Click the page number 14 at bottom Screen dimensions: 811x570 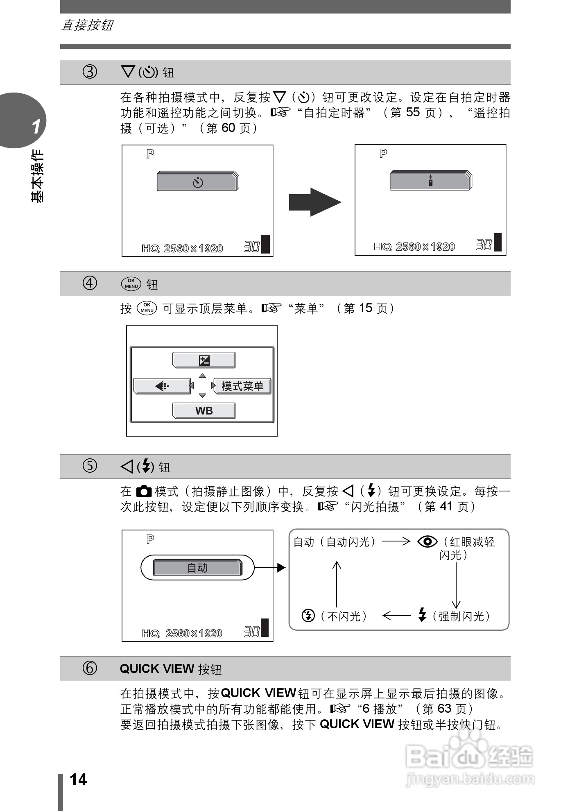[x=78, y=779]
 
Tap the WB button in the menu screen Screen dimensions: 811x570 [x=204, y=411]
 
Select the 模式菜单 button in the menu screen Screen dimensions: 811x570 [x=242, y=386]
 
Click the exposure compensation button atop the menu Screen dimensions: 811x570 [x=204, y=360]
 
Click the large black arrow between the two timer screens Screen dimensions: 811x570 [x=314, y=202]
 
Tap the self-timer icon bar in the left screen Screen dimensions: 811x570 [x=197, y=182]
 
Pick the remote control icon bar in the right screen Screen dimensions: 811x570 [x=430, y=181]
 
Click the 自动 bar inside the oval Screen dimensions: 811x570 [x=197, y=568]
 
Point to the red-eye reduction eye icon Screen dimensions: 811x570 [x=427, y=542]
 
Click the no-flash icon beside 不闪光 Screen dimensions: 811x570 [x=308, y=615]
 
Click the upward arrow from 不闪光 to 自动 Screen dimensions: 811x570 [x=337, y=584]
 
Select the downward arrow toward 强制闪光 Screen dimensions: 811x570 [x=456, y=586]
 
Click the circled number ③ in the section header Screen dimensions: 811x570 [x=90, y=72]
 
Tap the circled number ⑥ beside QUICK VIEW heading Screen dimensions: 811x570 [x=90, y=668]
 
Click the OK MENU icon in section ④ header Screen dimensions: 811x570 [x=131, y=283]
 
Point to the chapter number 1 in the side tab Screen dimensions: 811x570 [x=36, y=127]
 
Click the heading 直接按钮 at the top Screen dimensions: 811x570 [x=87, y=25]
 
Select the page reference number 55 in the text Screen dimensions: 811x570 [x=413, y=112]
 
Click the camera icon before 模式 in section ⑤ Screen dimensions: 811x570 [x=144, y=491]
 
